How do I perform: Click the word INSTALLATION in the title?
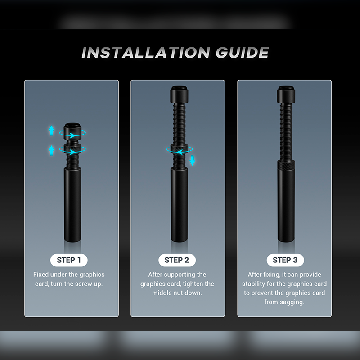[x=145, y=53]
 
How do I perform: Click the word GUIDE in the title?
[x=242, y=53]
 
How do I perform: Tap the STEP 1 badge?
[x=69, y=260]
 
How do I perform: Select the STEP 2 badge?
[x=177, y=260]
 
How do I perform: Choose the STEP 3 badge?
[x=285, y=260]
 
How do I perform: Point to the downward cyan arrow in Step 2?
[x=193, y=160]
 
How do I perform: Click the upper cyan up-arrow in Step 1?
[x=52, y=130]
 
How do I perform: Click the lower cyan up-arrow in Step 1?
[x=52, y=150]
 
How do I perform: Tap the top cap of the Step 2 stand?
[x=179, y=94]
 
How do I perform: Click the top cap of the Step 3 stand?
[x=286, y=94]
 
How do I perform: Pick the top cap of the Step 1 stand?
[x=72, y=131]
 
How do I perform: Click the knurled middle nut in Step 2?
[x=179, y=149]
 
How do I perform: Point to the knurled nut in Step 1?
[x=72, y=149]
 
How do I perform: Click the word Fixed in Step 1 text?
[x=41, y=274]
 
